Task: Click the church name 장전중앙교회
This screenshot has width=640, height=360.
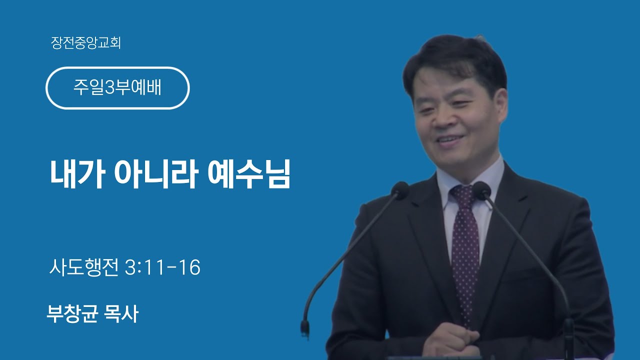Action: click(x=85, y=43)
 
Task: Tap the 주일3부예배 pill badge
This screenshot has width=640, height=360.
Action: click(x=117, y=88)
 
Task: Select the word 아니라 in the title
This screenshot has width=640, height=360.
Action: click(x=156, y=173)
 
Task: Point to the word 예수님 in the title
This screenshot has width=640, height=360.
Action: click(x=248, y=173)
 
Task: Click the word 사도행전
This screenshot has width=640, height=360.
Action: click(x=84, y=267)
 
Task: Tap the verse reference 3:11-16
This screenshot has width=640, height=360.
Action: click(x=163, y=267)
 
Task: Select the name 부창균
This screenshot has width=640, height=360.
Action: click(x=72, y=313)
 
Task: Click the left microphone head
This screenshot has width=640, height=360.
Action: click(x=400, y=190)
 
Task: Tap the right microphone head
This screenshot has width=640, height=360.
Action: click(x=482, y=190)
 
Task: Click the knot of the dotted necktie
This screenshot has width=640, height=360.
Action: click(x=463, y=194)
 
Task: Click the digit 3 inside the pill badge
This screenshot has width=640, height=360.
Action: click(x=109, y=87)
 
